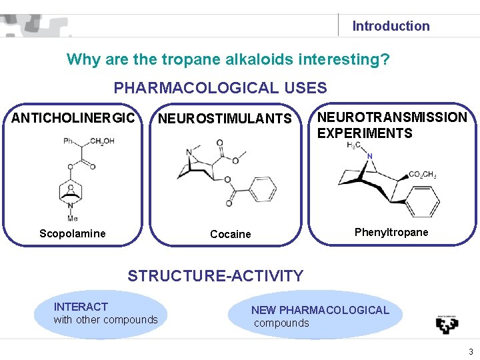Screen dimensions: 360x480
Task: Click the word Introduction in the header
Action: coord(391,26)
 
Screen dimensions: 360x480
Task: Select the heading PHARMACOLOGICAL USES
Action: coord(220,87)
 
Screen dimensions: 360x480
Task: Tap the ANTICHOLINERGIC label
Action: coord(73,119)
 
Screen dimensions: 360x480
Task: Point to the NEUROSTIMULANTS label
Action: coord(225,119)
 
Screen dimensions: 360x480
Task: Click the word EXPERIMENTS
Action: coord(365,133)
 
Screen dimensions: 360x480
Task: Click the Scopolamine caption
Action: coord(72,233)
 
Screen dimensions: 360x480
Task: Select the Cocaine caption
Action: coord(230,234)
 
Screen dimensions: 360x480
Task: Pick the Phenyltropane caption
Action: coord(391,232)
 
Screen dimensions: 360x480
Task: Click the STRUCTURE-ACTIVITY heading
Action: coord(215,275)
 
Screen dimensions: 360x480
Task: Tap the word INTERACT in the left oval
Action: coord(81,307)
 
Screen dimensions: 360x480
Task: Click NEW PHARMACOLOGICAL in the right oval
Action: coord(320,310)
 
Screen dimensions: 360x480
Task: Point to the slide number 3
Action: coord(470,351)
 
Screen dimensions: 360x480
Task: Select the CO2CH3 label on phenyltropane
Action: coord(422,175)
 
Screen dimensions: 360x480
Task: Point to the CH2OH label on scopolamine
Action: coord(101,141)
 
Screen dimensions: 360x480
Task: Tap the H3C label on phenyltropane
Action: coord(355,146)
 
